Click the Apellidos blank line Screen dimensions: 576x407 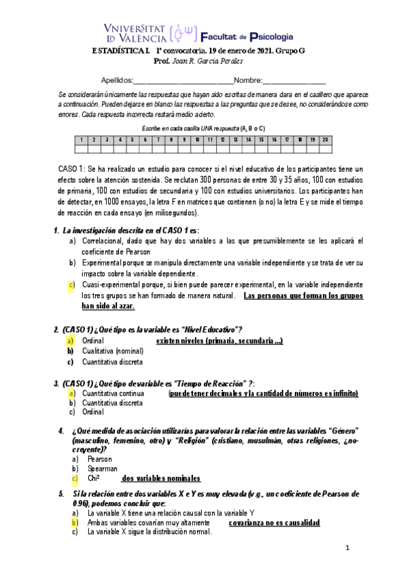[x=183, y=82]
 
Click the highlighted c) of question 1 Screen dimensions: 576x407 [x=71, y=284]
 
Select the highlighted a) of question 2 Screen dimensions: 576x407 [x=71, y=340]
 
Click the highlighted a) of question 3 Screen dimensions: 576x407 [x=71, y=393]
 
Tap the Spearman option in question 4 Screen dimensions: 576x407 [x=102, y=469]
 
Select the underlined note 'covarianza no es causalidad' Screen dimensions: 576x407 [x=274, y=523]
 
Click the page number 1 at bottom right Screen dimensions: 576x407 [x=347, y=547]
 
